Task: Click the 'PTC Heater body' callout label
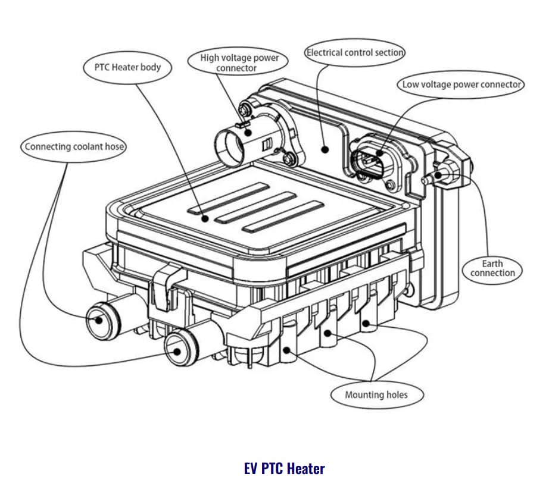click(127, 67)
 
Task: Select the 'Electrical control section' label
click(355, 52)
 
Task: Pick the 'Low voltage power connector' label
click(461, 84)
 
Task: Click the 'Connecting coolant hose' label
click(74, 146)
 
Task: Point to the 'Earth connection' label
click(492, 268)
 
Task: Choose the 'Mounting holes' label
click(376, 394)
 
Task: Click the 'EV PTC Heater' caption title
click(285, 469)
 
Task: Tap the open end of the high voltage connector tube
click(227, 146)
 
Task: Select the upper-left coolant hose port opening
click(96, 319)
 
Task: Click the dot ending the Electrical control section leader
click(325, 148)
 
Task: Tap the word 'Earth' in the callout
click(492, 264)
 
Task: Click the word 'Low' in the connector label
click(411, 84)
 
